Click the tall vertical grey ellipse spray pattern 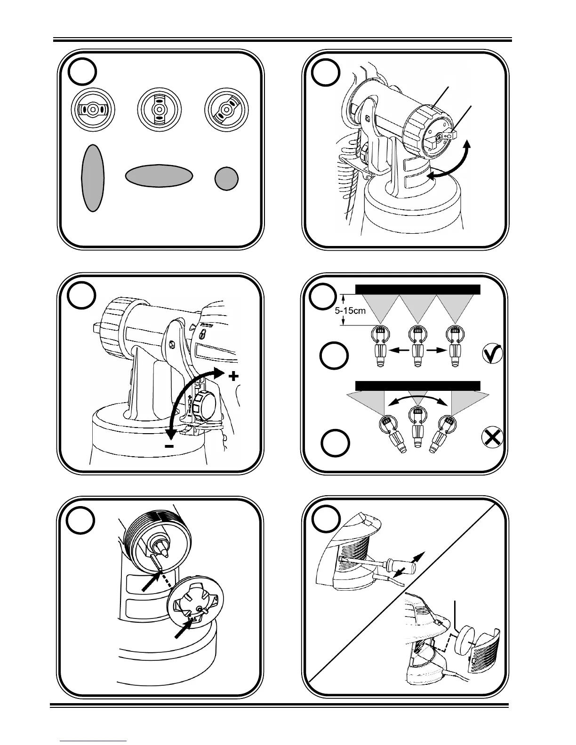(93, 178)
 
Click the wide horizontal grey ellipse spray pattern (159, 176)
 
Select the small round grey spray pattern (226, 179)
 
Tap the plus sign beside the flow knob (233, 376)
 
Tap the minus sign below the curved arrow (169, 445)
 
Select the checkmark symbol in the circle (493, 354)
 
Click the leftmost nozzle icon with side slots (93, 109)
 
